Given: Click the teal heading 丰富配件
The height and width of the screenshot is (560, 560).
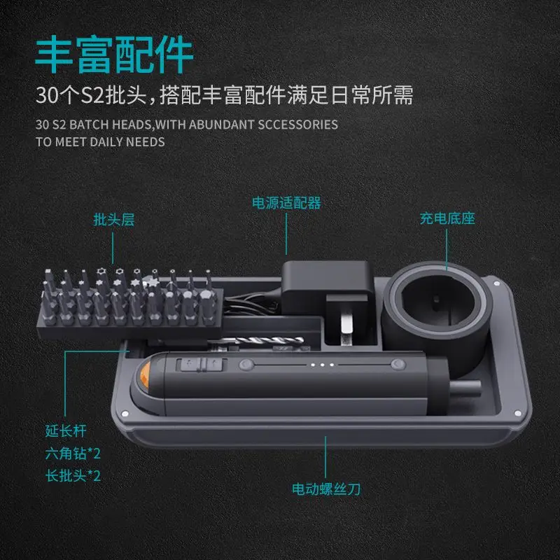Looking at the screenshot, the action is [114, 55].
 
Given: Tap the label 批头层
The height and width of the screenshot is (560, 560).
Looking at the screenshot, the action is [113, 220].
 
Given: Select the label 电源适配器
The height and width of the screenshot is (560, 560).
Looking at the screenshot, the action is [286, 203].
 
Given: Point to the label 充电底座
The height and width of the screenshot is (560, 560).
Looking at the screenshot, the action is [447, 218].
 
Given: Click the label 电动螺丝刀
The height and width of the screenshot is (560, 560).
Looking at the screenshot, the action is [326, 489].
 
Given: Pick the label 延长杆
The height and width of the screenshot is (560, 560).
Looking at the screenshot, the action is [66, 430].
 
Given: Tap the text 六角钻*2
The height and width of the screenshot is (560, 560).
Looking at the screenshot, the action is [73, 454].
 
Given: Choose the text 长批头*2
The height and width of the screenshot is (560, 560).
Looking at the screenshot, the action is [73, 476].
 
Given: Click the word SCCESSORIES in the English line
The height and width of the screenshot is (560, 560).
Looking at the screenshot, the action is [298, 125].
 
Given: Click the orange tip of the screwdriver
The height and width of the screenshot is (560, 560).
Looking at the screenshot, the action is [145, 375].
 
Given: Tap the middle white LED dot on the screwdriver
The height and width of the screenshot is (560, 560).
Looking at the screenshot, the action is [322, 365].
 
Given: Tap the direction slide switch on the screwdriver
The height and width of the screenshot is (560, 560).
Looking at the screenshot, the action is [201, 365].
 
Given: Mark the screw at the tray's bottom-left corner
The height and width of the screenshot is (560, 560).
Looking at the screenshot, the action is [125, 414].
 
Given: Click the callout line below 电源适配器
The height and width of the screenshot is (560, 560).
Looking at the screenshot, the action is [286, 234].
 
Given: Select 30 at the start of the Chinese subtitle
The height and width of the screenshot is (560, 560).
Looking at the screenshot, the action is [46, 95].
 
